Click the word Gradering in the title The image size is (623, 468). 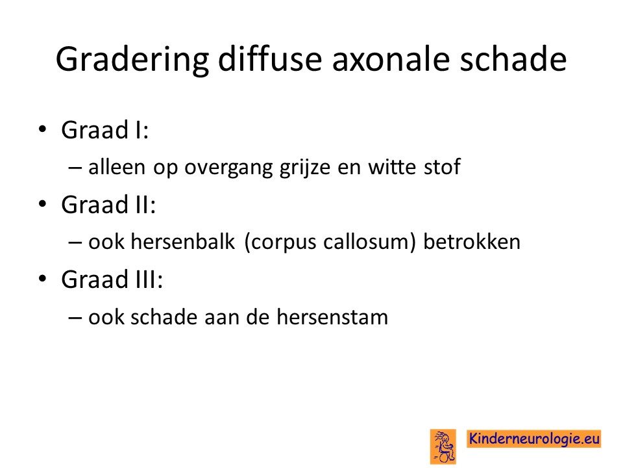pos(132,60)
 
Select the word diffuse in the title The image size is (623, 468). pos(270,58)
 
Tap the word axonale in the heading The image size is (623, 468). pos(391,59)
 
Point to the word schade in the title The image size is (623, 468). pos(513,59)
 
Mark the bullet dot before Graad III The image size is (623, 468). pos(43,278)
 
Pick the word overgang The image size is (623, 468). pos(228,168)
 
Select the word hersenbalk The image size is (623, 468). pos(183,242)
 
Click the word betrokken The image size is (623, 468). pos(472,242)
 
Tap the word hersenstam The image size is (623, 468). pos(332,317)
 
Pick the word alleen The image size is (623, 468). pos(117,167)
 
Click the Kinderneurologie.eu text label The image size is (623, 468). pos(533,439)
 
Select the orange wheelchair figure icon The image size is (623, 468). pos(443,447)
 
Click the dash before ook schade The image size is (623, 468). pos(75,318)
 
